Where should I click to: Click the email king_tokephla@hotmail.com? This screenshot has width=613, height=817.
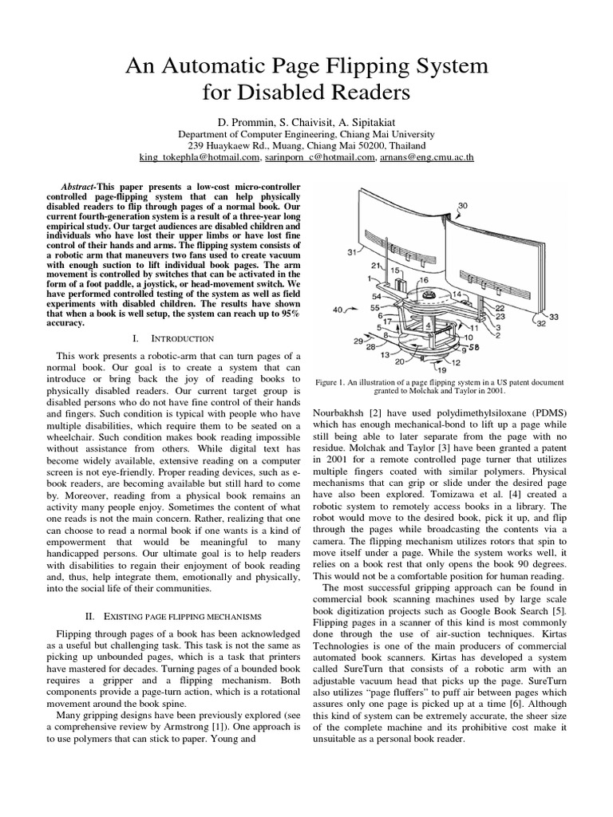200,157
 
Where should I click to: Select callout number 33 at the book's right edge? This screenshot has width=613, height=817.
554,318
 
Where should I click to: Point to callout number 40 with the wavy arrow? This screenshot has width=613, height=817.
338,310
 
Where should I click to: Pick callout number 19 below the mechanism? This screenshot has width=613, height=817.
441,369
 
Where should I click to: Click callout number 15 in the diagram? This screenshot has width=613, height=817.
394,271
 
